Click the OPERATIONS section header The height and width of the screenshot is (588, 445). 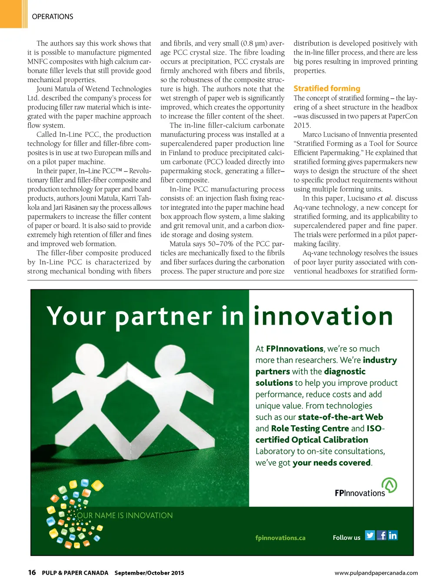click(x=53, y=16)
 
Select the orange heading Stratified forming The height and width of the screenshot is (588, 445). click(x=327, y=89)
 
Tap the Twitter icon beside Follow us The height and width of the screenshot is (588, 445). click(x=370, y=535)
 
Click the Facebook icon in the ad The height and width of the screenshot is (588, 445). click(x=382, y=535)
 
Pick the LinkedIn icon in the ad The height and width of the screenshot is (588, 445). click(x=393, y=535)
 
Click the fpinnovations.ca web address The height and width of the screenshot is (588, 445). click(x=280, y=538)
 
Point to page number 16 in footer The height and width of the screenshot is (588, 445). click(x=32, y=572)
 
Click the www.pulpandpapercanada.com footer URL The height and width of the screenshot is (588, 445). click(x=376, y=573)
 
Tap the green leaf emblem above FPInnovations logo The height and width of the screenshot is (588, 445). click(x=389, y=485)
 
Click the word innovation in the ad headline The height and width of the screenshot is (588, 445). click(x=323, y=316)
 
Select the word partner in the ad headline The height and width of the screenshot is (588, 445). click(x=164, y=316)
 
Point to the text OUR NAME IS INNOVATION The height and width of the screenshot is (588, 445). click(x=125, y=516)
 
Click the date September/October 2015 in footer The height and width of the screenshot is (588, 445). click(x=149, y=573)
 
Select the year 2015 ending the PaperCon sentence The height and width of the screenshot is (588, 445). click(x=302, y=125)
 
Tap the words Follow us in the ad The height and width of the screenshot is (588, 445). click(x=346, y=538)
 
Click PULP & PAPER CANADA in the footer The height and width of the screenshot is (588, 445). click(x=75, y=573)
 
